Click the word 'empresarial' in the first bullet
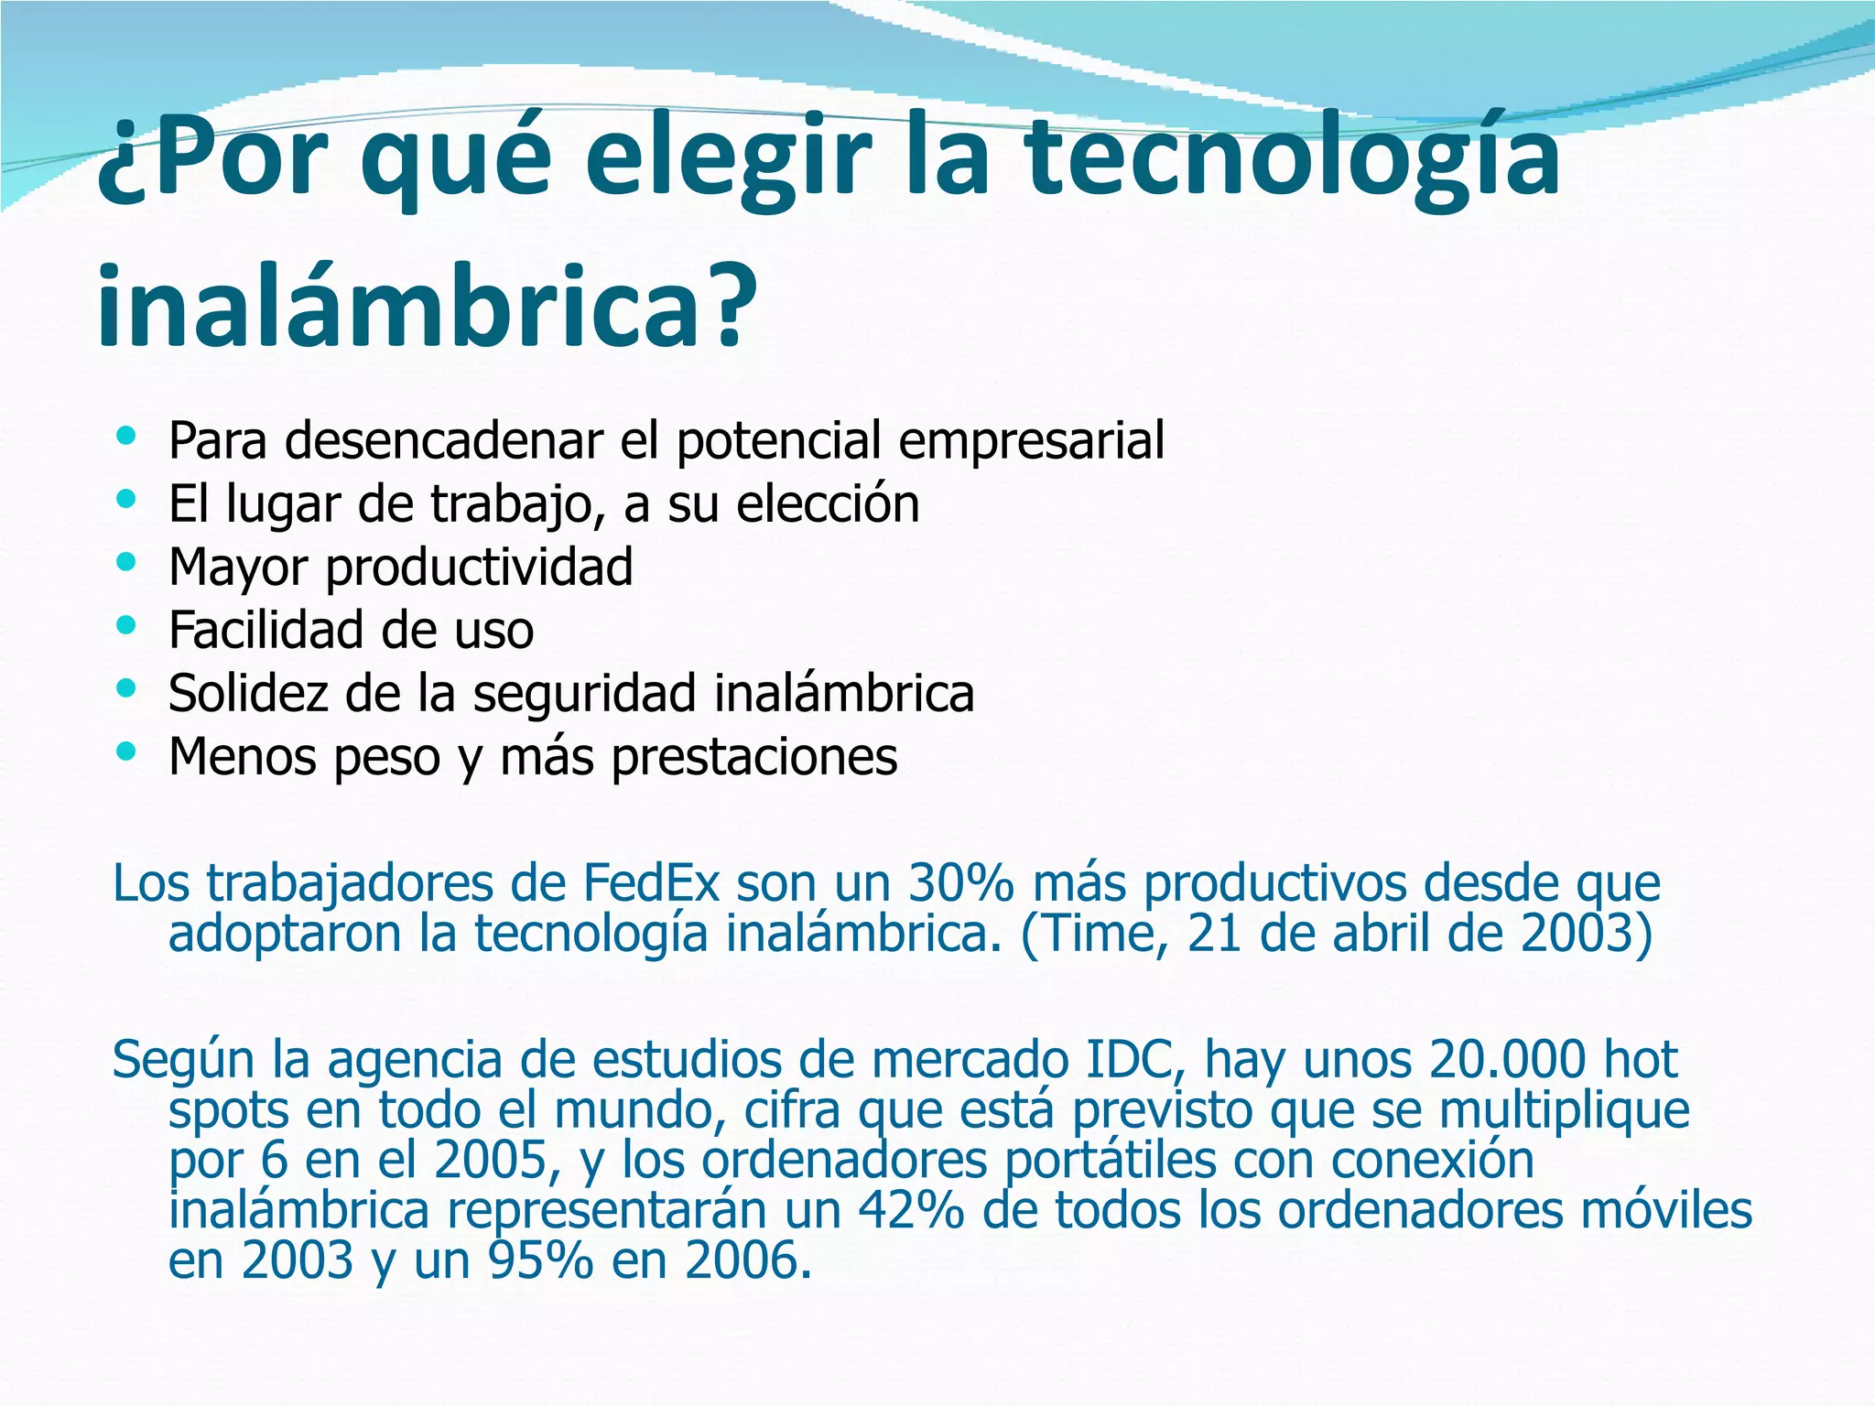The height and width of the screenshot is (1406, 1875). [x=1031, y=440]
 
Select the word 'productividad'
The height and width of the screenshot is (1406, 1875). [x=479, y=568]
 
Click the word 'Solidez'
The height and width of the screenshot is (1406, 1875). [x=248, y=693]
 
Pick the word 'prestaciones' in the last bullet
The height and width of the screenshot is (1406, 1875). [x=754, y=757]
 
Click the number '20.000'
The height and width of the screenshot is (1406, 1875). [x=1506, y=1060]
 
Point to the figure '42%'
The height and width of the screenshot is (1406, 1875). [x=911, y=1210]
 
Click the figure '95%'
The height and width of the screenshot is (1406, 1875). [x=541, y=1260]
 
